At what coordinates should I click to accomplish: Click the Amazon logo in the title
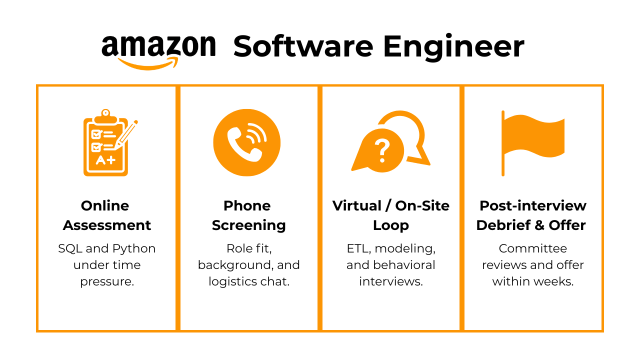tap(159, 50)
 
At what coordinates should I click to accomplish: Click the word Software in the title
tap(303, 46)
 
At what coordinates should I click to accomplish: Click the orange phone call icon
tap(246, 142)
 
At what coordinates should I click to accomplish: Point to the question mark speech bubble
tap(382, 150)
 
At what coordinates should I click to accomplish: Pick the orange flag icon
tap(533, 142)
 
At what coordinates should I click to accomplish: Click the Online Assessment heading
tap(106, 215)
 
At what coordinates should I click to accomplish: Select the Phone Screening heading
tap(248, 215)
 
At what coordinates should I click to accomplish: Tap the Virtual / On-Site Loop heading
tap(391, 215)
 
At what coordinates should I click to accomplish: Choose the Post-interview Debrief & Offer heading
tap(532, 215)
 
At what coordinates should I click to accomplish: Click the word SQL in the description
tap(70, 248)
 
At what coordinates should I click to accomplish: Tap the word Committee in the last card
tap(532, 248)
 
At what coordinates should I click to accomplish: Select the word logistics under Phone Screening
tap(234, 281)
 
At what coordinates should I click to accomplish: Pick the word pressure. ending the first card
tap(107, 282)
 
